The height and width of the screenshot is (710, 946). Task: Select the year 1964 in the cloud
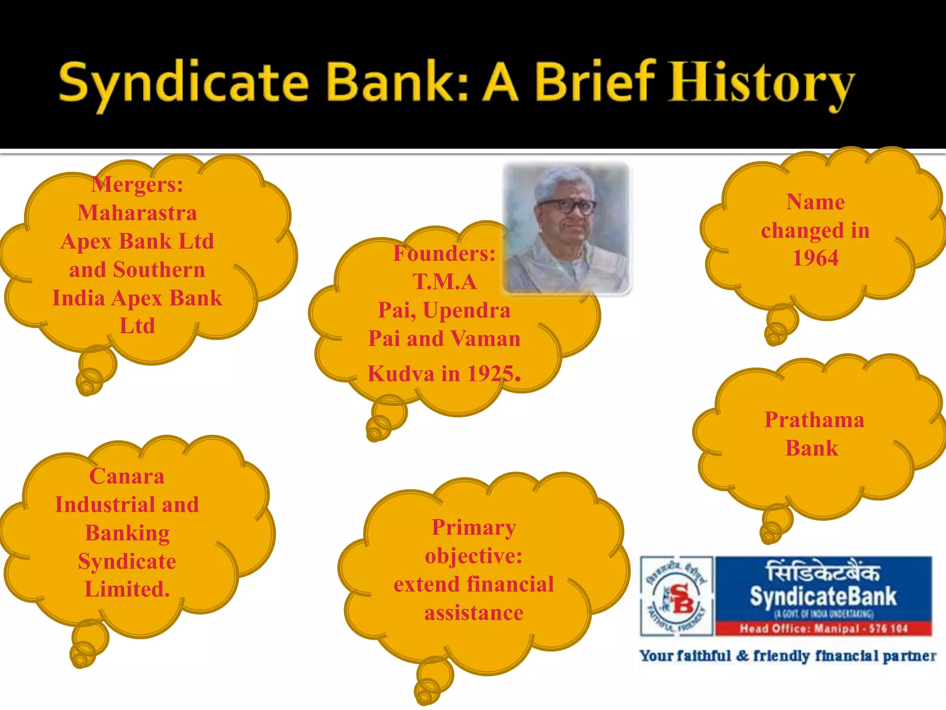(x=815, y=258)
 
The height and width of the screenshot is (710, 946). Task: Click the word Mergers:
(x=137, y=185)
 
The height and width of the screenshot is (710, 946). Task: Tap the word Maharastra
(x=137, y=213)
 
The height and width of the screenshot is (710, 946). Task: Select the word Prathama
(x=814, y=420)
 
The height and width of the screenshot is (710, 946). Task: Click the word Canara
(x=127, y=476)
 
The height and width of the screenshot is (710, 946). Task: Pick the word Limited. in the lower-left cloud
(x=127, y=589)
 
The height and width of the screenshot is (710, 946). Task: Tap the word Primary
(x=474, y=527)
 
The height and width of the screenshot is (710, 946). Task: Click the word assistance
(x=474, y=613)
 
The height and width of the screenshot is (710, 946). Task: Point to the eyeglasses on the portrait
(x=567, y=206)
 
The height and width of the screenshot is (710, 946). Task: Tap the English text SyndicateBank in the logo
(x=823, y=596)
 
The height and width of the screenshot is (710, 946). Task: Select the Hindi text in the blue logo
(x=823, y=572)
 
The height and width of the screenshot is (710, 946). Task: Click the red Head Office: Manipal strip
(x=823, y=629)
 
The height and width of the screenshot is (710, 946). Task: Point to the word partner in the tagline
(x=909, y=656)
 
